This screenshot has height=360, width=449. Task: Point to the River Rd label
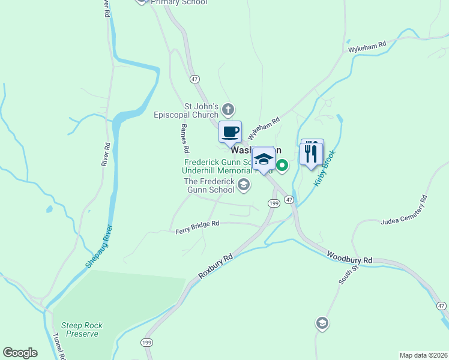[106, 154]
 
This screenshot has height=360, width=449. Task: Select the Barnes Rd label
[185, 137]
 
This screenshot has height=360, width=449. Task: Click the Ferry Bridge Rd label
[197, 227]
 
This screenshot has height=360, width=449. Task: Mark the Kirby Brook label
[325, 167]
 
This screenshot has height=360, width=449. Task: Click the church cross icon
[228, 109]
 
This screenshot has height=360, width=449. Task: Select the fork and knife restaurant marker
[311, 154]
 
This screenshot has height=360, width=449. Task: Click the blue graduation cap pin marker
[263, 159]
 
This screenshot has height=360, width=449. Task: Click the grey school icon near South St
[322, 323]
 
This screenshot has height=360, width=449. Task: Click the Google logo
[20, 353]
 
